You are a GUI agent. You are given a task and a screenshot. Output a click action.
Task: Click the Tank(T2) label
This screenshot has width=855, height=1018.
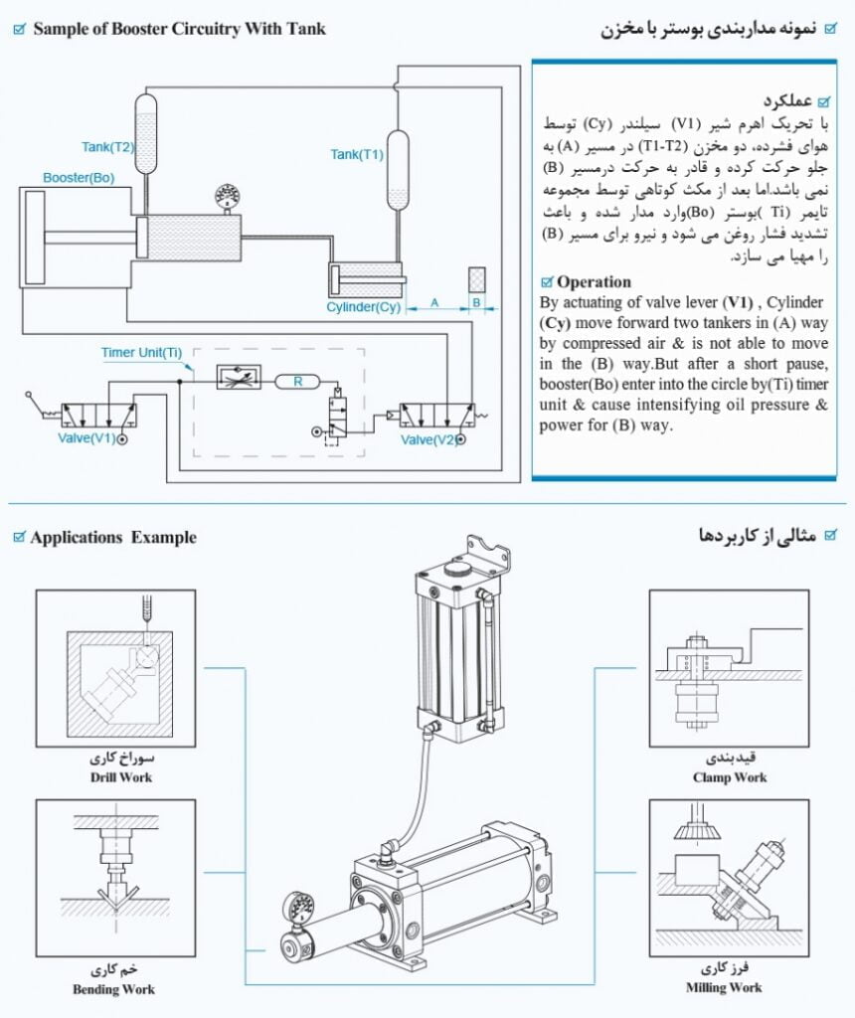(107, 147)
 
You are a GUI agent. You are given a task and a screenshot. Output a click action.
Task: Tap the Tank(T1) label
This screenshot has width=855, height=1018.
(356, 154)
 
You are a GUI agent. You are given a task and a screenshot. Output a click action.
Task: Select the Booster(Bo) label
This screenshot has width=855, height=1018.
(79, 178)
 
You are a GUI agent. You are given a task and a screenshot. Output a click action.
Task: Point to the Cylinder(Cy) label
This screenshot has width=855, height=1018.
(363, 307)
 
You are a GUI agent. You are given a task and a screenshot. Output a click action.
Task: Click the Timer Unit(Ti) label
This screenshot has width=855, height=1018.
(141, 353)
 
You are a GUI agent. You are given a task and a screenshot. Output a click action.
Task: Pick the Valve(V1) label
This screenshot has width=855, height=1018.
(87, 437)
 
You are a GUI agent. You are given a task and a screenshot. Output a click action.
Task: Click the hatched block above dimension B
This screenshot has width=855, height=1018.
(476, 280)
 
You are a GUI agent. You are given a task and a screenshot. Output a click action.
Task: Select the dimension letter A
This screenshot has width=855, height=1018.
(433, 301)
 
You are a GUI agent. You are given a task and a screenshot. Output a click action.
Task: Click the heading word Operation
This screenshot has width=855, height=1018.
(594, 281)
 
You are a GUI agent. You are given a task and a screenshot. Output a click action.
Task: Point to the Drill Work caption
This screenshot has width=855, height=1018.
(120, 776)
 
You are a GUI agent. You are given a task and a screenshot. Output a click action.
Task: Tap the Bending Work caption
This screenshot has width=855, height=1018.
(113, 989)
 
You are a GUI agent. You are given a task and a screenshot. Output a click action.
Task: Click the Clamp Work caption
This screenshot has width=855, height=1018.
(730, 777)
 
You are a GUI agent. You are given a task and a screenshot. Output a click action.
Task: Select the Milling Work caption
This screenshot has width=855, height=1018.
(724, 987)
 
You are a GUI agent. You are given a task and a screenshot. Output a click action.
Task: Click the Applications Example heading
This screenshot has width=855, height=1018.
(113, 538)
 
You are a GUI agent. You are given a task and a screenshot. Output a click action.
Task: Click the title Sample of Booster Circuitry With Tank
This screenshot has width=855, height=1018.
(179, 28)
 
